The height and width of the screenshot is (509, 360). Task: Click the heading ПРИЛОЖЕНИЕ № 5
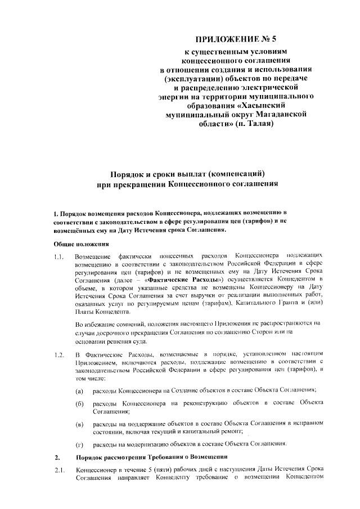[236, 39]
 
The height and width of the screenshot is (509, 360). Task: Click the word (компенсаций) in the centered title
[233, 173]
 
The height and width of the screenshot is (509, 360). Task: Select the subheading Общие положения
[81, 244]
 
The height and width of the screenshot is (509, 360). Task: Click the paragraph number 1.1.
[58, 258]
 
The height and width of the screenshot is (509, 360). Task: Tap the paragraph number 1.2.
[58, 354]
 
